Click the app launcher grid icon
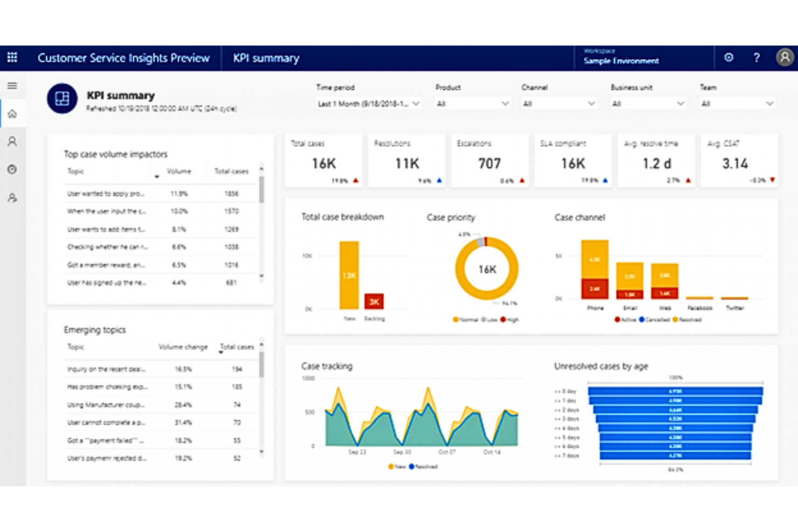(12, 57)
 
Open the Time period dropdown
(368, 103)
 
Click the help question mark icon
(756, 58)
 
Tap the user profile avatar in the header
(785, 57)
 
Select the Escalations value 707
(489, 163)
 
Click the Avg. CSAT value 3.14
(735, 163)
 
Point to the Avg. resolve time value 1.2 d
(657, 163)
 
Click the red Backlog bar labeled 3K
(374, 301)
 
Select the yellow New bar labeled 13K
(349, 275)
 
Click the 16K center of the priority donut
(487, 269)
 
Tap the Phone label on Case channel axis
(595, 308)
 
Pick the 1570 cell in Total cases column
(231, 211)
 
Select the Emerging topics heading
(95, 330)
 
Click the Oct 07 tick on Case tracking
(446, 452)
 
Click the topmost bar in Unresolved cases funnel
(675, 391)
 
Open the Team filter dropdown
(737, 103)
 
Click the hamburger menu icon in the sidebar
(12, 86)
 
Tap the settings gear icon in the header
(728, 58)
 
